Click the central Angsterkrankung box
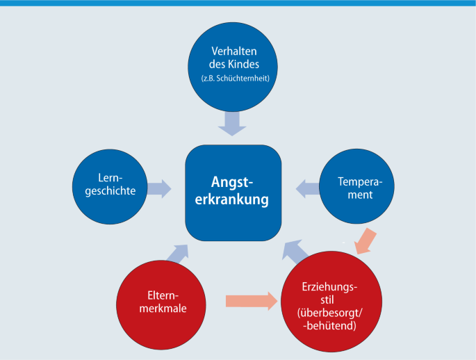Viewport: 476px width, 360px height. [233, 193]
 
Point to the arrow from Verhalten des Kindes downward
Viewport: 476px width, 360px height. [231, 124]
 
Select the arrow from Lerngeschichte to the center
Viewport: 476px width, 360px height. [159, 188]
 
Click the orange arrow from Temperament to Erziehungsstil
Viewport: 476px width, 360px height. [366, 241]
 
